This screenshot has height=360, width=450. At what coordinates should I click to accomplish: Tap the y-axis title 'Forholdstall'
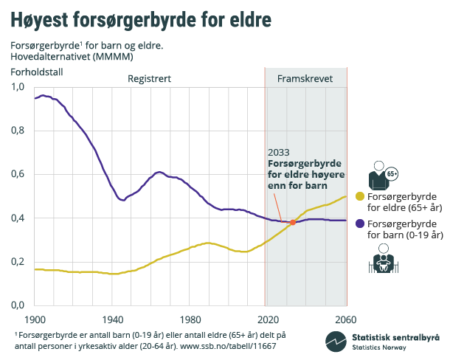click(35, 72)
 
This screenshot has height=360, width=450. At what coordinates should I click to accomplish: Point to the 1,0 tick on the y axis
click(18, 87)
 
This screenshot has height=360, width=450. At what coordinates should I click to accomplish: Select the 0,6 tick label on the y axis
click(18, 175)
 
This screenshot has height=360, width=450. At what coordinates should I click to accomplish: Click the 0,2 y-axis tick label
click(18, 262)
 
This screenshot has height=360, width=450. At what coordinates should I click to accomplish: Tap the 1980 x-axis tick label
click(190, 319)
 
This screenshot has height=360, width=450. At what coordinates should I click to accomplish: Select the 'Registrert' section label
click(150, 78)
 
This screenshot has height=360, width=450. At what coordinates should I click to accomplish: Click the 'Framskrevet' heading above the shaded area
click(305, 78)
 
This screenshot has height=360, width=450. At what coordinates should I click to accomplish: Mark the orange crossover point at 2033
click(293, 222)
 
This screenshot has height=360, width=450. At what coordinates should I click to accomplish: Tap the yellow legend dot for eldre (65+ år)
click(360, 196)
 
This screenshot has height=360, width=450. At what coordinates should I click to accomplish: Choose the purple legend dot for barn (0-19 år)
click(360, 224)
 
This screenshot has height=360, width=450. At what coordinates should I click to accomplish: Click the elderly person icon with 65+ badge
click(383, 175)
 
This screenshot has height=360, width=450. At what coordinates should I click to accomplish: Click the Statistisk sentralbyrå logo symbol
click(336, 342)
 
